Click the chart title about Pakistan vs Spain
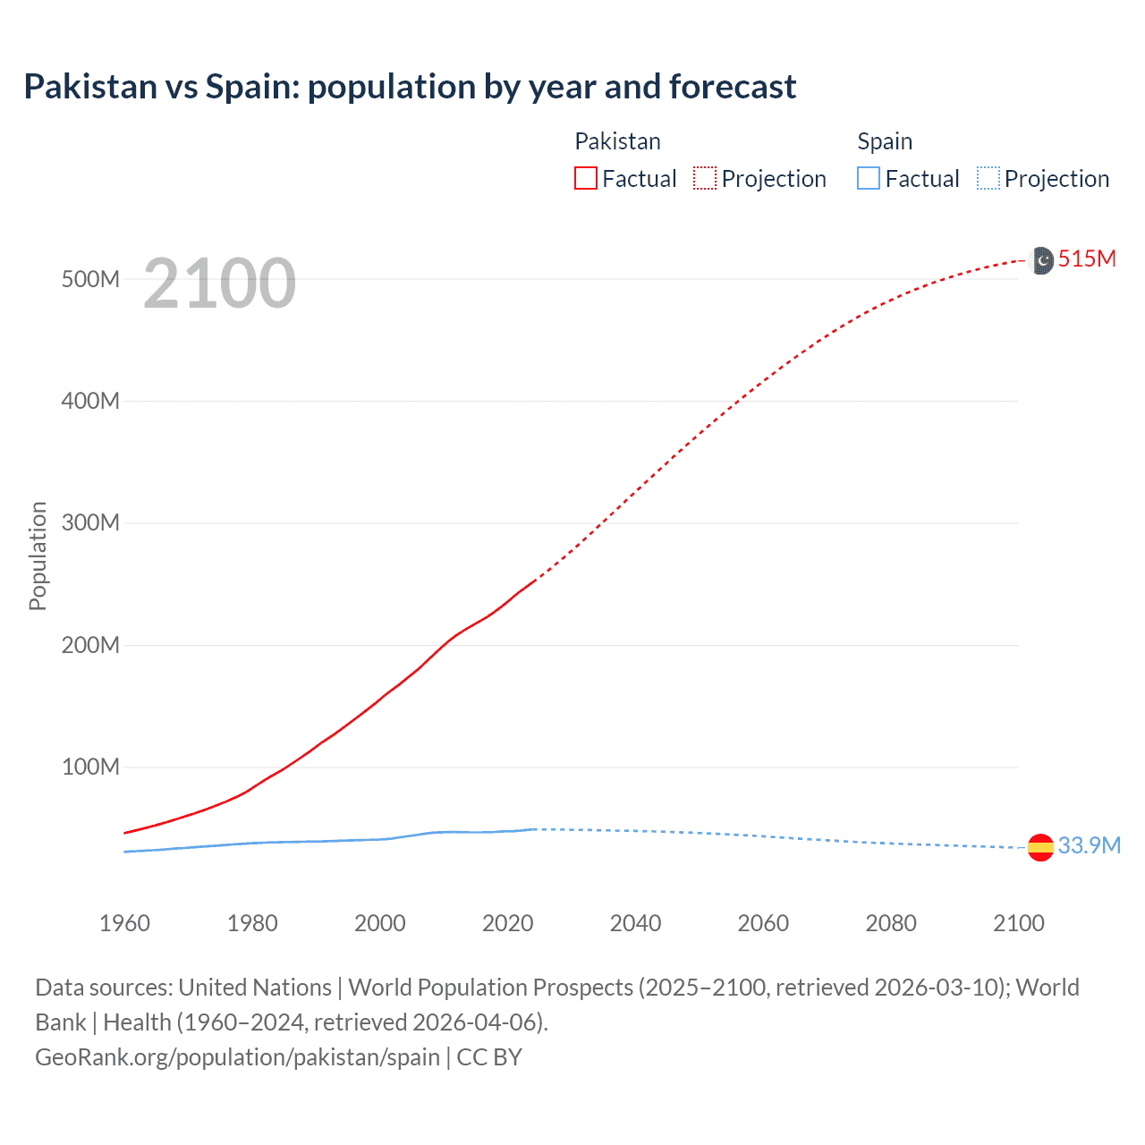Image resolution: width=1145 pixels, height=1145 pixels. point(410,87)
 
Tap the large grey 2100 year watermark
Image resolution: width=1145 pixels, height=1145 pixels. point(219,284)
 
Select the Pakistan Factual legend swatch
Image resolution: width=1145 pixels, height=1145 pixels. point(586,179)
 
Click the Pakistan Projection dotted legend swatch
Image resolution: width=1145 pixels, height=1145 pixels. point(705,179)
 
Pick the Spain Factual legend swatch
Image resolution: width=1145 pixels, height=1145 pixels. point(869,179)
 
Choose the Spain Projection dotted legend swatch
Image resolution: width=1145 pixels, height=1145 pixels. point(988,179)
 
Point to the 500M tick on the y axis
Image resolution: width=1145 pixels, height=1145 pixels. point(90,279)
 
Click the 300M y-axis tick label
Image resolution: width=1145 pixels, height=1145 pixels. point(90,523)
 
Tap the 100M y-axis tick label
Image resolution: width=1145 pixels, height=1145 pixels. point(90,768)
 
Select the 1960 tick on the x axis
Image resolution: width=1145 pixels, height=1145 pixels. point(124,923)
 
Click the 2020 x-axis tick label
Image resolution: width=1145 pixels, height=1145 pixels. point(507,923)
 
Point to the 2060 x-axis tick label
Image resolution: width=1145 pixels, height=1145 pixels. point(763,923)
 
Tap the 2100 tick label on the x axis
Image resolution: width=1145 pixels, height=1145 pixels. point(1018,923)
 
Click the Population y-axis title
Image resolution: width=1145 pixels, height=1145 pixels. point(38,556)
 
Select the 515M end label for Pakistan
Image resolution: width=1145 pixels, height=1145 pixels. point(1087,259)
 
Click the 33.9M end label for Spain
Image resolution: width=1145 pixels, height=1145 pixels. point(1089,846)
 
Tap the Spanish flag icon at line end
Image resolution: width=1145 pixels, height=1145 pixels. point(1040,847)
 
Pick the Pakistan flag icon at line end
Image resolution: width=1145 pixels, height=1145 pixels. point(1042,260)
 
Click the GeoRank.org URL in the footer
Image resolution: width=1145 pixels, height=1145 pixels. point(237,1057)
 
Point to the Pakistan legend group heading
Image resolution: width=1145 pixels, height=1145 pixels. point(617,141)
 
